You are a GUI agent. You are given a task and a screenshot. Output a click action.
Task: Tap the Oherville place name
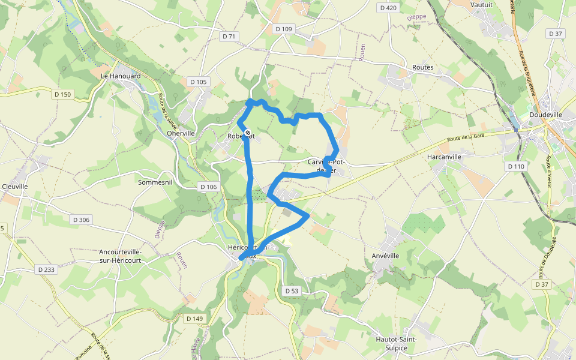(x=181, y=133)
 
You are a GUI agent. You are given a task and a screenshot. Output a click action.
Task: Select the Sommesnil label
(x=155, y=182)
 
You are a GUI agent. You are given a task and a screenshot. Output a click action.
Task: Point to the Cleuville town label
(x=15, y=187)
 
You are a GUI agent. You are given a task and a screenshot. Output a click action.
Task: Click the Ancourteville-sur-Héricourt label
(x=121, y=256)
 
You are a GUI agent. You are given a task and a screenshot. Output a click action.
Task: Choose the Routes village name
(x=423, y=68)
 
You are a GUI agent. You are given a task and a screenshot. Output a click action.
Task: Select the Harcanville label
(x=444, y=157)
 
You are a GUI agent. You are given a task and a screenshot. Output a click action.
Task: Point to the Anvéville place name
(x=386, y=256)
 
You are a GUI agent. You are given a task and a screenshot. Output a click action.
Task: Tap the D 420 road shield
(x=389, y=8)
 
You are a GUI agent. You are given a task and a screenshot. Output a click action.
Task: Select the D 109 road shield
(x=283, y=29)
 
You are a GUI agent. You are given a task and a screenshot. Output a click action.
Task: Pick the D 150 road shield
(x=62, y=94)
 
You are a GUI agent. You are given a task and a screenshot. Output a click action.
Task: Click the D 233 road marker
(x=45, y=270)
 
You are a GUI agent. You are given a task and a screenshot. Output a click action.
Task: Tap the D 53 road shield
(x=292, y=291)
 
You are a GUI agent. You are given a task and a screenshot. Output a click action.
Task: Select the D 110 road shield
(x=515, y=166)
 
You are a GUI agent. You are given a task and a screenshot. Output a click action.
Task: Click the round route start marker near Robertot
(x=248, y=133)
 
